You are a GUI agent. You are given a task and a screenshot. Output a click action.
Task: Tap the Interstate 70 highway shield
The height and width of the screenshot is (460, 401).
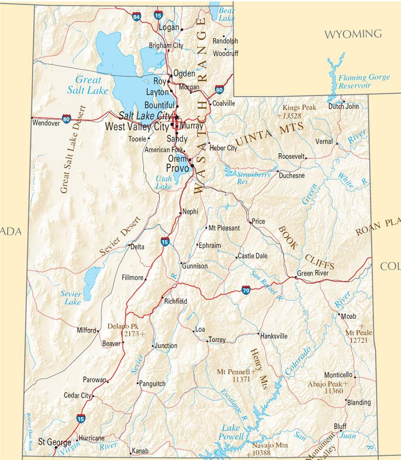pos(246,290)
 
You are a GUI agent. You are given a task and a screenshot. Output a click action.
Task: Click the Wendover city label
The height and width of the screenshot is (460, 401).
pos(46,123)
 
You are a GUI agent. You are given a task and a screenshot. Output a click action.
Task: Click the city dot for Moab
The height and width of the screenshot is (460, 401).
pos(339,314)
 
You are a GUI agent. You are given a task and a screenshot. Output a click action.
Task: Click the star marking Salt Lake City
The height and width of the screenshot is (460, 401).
pos(176,118)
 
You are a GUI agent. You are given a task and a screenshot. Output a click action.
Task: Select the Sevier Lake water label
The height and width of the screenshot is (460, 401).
pos(71,298)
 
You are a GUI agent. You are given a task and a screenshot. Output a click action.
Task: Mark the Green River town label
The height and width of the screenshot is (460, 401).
pos(313,273)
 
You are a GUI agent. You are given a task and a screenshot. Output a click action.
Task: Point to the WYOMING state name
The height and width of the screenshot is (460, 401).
pos(353,34)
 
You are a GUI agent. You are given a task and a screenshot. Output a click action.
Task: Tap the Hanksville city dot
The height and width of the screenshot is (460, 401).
pos(259,334)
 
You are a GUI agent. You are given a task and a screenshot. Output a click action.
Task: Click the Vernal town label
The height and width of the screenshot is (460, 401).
pos(324,141)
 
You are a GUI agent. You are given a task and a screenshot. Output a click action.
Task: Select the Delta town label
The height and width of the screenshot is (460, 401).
pos(137,247)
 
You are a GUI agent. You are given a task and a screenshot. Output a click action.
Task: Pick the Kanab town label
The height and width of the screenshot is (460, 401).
pos(139,451)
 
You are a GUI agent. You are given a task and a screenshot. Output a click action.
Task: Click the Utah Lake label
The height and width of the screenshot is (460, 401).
pos(163,182)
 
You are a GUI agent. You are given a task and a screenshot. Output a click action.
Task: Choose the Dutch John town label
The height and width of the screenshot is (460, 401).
pos(344,106)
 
